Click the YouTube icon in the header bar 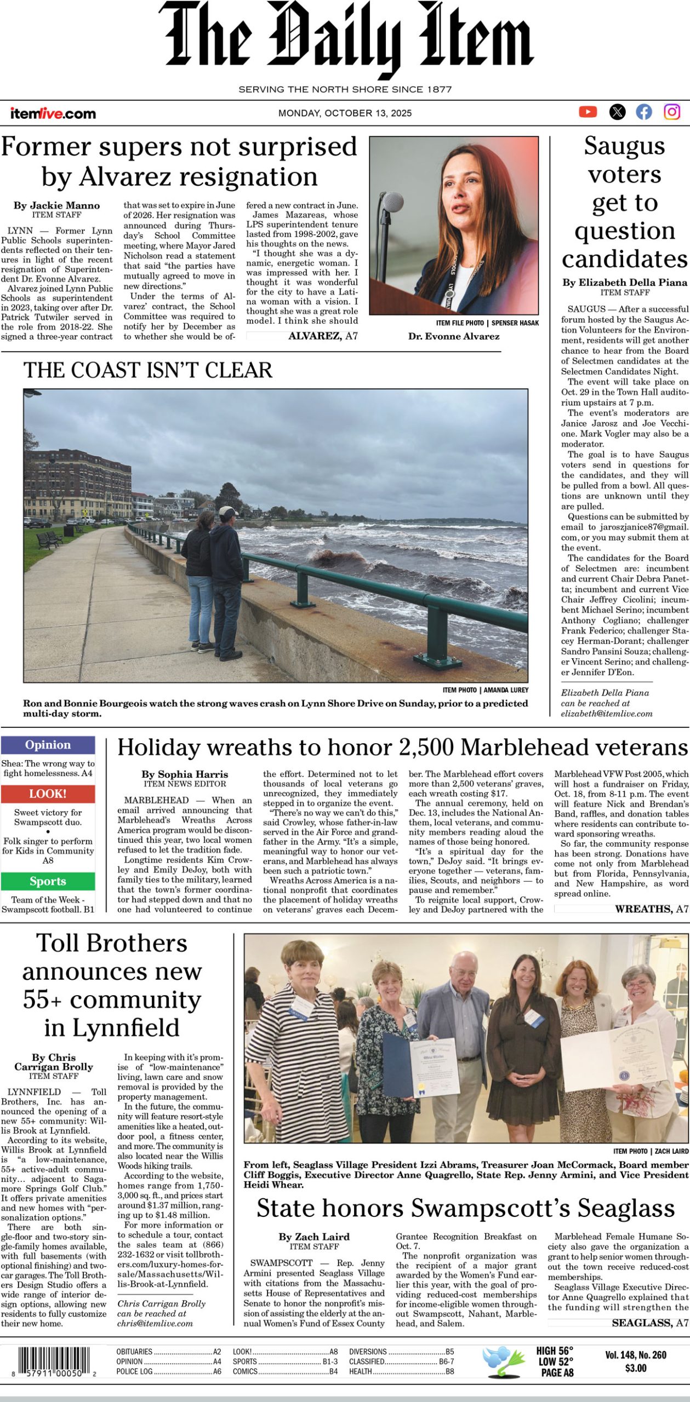(588, 112)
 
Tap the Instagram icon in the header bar (672, 112)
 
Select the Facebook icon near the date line (644, 112)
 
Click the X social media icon (617, 112)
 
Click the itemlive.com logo (53, 113)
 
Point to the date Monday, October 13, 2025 (345, 113)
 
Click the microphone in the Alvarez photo (392, 202)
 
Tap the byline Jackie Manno (56, 205)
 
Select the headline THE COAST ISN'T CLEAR (147, 370)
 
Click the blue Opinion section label (48, 745)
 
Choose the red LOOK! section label (48, 794)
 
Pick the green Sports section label (48, 881)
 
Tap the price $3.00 (636, 1368)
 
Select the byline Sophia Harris (185, 774)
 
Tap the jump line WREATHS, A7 (651, 909)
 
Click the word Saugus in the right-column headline (624, 146)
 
